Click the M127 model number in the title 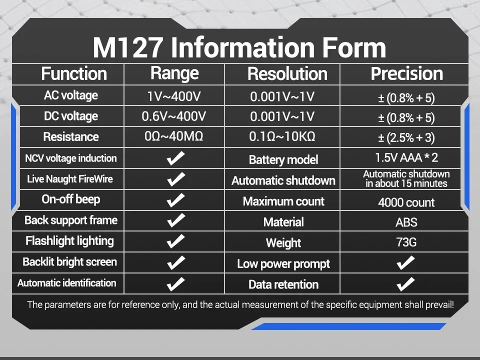(x=127, y=47)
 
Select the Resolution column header (x=287, y=74)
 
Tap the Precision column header (x=407, y=73)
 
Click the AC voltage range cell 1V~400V (x=174, y=96)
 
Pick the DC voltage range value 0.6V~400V (x=174, y=116)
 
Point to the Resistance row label (x=71, y=137)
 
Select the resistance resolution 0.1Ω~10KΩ (x=282, y=136)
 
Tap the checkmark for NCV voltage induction (x=175, y=158)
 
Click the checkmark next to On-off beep (x=175, y=200)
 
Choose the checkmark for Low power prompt (x=405, y=263)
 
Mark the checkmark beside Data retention (x=405, y=284)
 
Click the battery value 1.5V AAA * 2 (x=406, y=157)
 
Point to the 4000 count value (x=406, y=202)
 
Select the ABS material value (x=406, y=222)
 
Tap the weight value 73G (x=406, y=242)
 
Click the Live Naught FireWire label (x=70, y=179)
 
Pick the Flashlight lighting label (x=70, y=241)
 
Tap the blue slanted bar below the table (x=348, y=326)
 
